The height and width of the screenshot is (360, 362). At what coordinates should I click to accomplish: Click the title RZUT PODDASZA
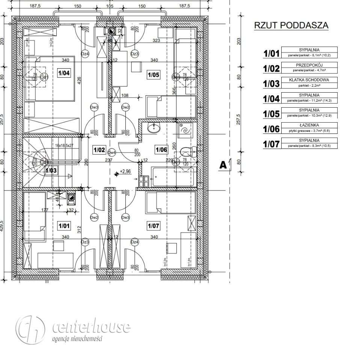point(291,25)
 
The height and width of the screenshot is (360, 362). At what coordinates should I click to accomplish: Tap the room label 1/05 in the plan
point(154,75)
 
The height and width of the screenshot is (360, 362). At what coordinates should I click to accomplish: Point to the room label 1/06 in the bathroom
point(161,150)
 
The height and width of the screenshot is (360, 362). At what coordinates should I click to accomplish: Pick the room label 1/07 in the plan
point(153,226)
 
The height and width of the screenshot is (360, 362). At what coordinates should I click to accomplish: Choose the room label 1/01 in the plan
point(64,225)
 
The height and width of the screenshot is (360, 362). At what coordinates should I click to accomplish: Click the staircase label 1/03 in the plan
point(51,171)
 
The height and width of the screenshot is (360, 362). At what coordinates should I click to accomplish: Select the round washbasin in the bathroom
point(154,129)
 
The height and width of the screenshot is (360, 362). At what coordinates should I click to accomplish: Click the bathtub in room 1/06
point(173,177)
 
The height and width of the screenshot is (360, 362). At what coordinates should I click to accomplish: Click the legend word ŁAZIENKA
point(309,126)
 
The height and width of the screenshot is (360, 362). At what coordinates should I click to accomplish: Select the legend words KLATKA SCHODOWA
point(309,80)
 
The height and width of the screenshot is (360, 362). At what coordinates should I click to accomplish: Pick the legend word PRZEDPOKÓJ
point(309,65)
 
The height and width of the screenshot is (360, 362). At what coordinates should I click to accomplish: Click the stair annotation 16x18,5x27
point(64,145)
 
